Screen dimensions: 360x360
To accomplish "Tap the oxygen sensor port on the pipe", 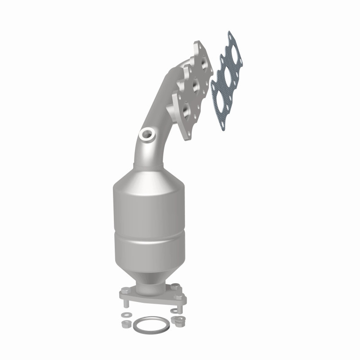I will tap(147, 134).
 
